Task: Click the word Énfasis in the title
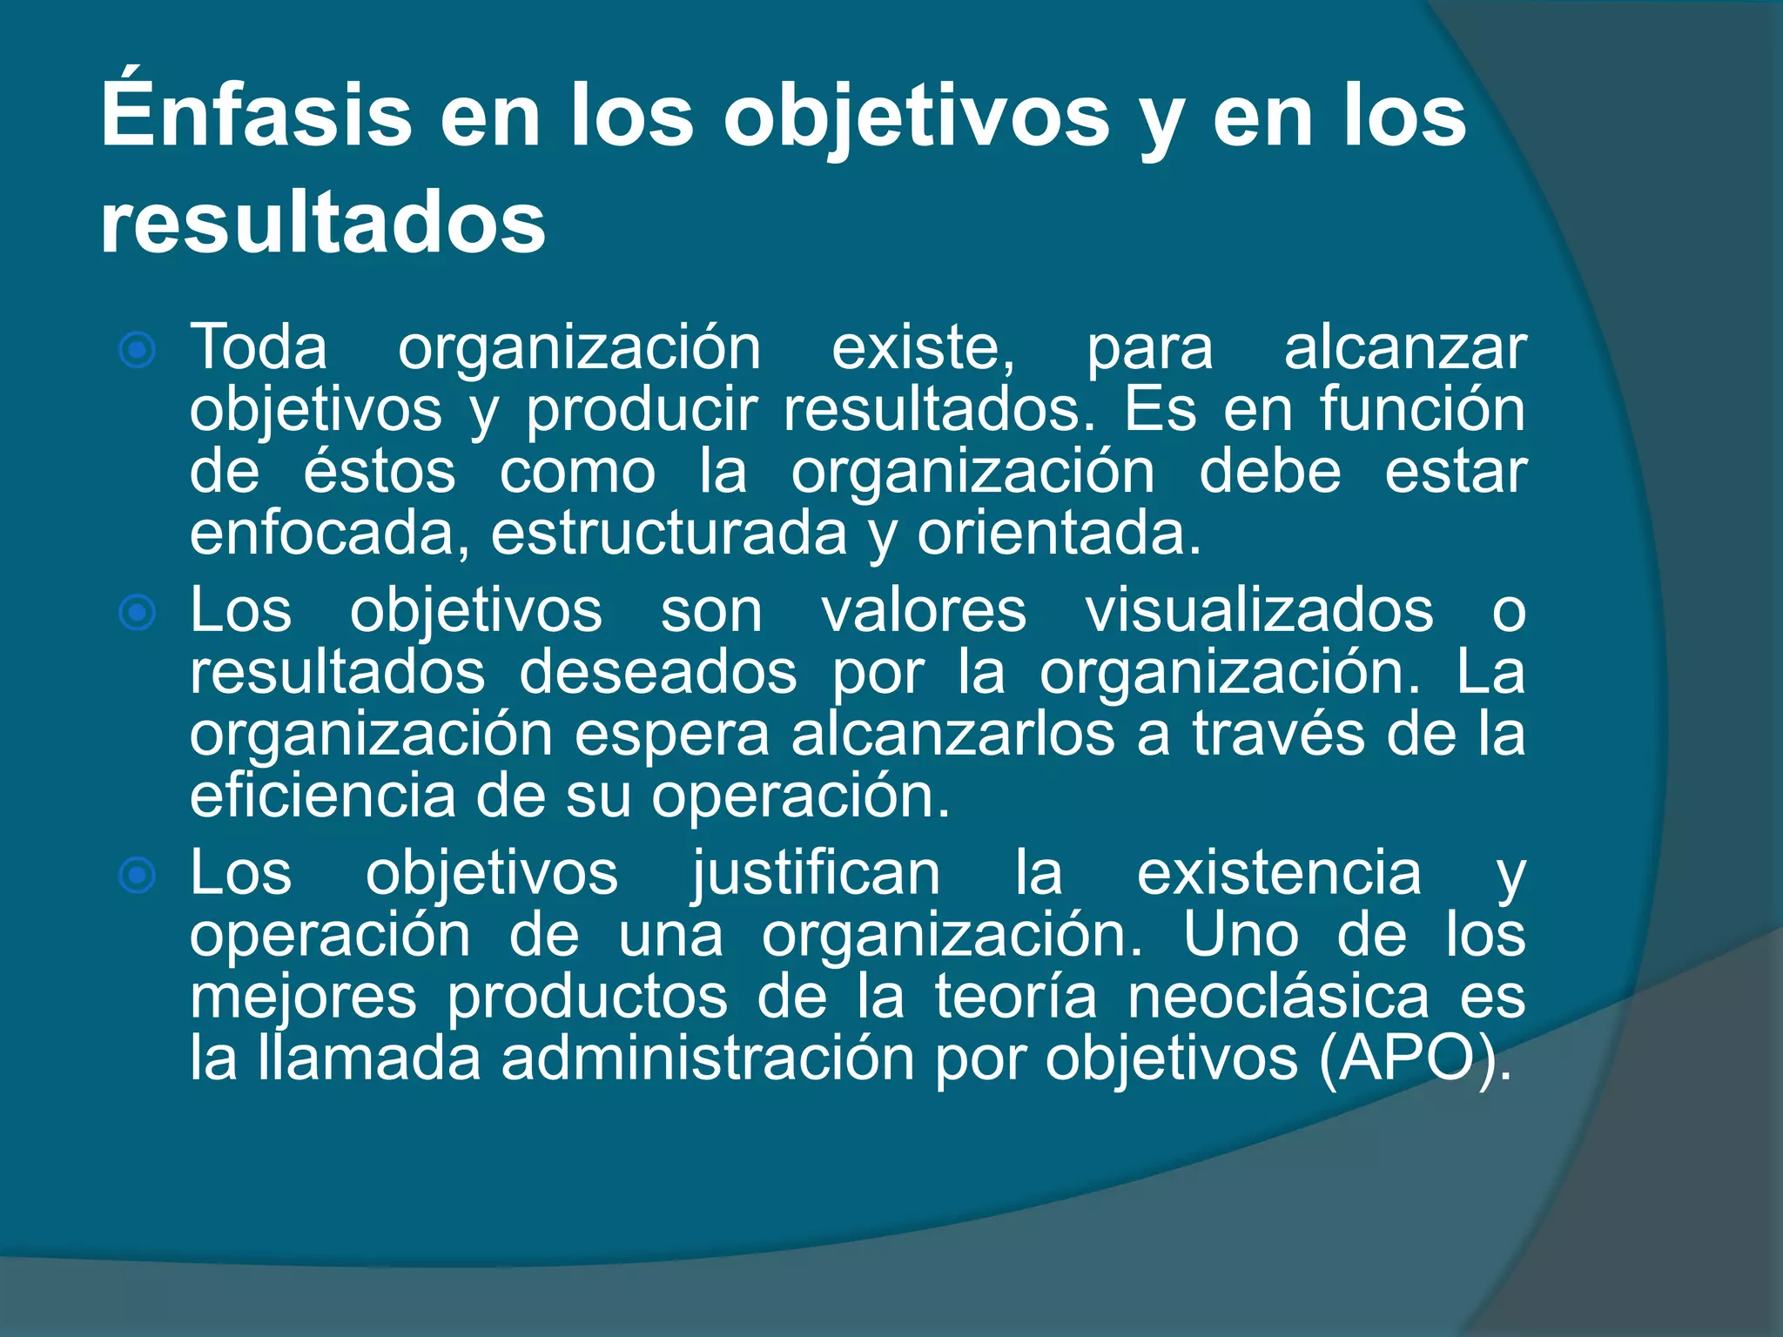tap(256, 115)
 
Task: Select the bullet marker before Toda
tap(138, 351)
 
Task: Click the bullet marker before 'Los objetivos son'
tap(138, 613)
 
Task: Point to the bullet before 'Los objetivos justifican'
tap(138, 875)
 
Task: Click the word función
tap(1422, 409)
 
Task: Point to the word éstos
tap(380, 472)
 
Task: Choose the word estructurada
tap(669, 534)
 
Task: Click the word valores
tap(924, 611)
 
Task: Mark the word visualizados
tap(1259, 611)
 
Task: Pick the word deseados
tap(658, 673)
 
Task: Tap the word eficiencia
tap(322, 796)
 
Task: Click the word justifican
tap(816, 873)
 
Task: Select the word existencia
tap(1279, 873)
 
